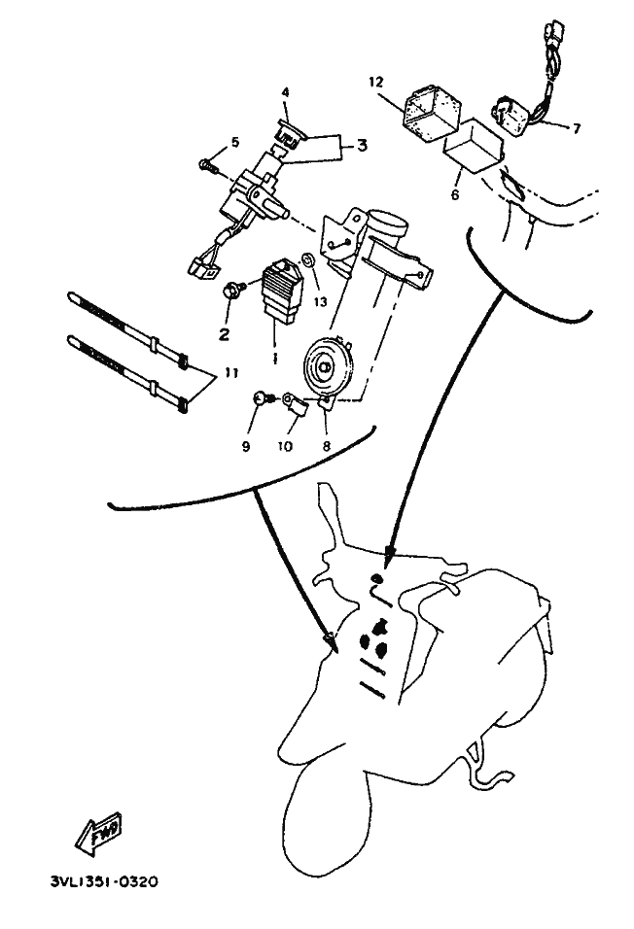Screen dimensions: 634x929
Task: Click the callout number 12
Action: [376, 82]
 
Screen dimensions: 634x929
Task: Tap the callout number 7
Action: [577, 128]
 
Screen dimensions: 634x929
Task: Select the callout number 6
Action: [455, 193]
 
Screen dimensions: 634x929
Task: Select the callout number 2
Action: [224, 334]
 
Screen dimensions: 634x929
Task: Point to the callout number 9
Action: [246, 446]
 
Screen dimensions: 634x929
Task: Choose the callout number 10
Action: [285, 446]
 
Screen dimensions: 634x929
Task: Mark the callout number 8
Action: [326, 446]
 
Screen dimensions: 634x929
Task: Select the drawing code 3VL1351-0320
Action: [104, 882]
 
